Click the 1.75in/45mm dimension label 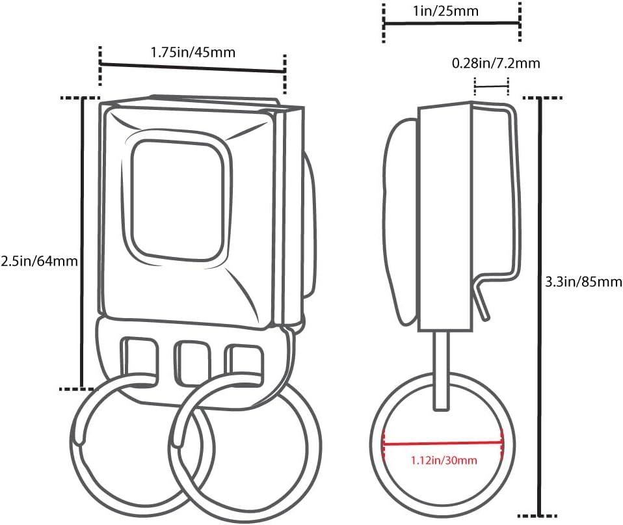click(x=192, y=53)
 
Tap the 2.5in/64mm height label click(x=39, y=261)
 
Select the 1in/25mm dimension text click(x=445, y=10)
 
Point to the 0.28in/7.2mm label click(x=496, y=63)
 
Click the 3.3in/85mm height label click(x=583, y=282)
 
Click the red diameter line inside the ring click(x=443, y=443)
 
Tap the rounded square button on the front click(x=177, y=201)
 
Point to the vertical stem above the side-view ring click(x=442, y=370)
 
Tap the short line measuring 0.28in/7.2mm click(x=492, y=85)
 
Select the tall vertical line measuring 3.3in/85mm click(x=540, y=307)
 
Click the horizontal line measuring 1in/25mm click(x=451, y=24)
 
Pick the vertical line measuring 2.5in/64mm click(x=82, y=243)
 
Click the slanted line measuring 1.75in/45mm click(x=192, y=67)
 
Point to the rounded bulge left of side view click(x=400, y=221)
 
